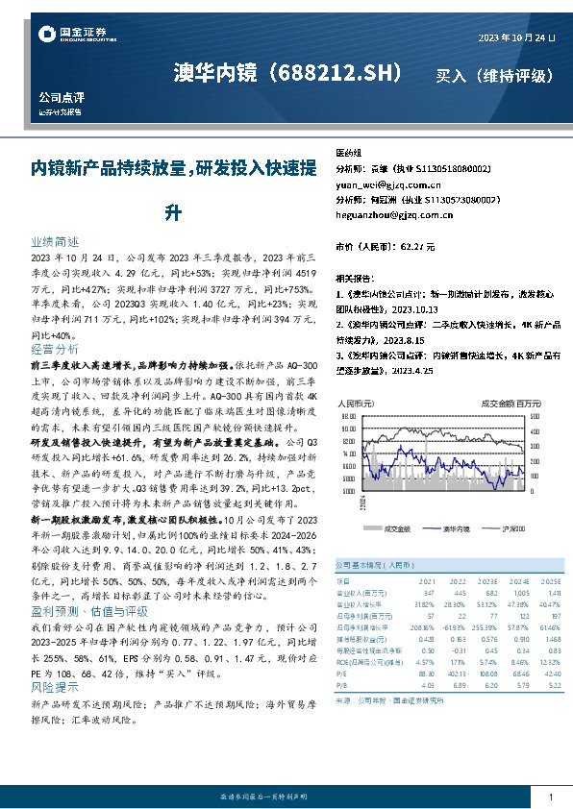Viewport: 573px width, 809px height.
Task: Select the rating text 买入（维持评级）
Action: pos(494,75)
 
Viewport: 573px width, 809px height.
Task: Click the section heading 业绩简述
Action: pos(55,244)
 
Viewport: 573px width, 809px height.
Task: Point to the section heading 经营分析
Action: pos(55,349)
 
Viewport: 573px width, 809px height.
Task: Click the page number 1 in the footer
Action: pos(550,797)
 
